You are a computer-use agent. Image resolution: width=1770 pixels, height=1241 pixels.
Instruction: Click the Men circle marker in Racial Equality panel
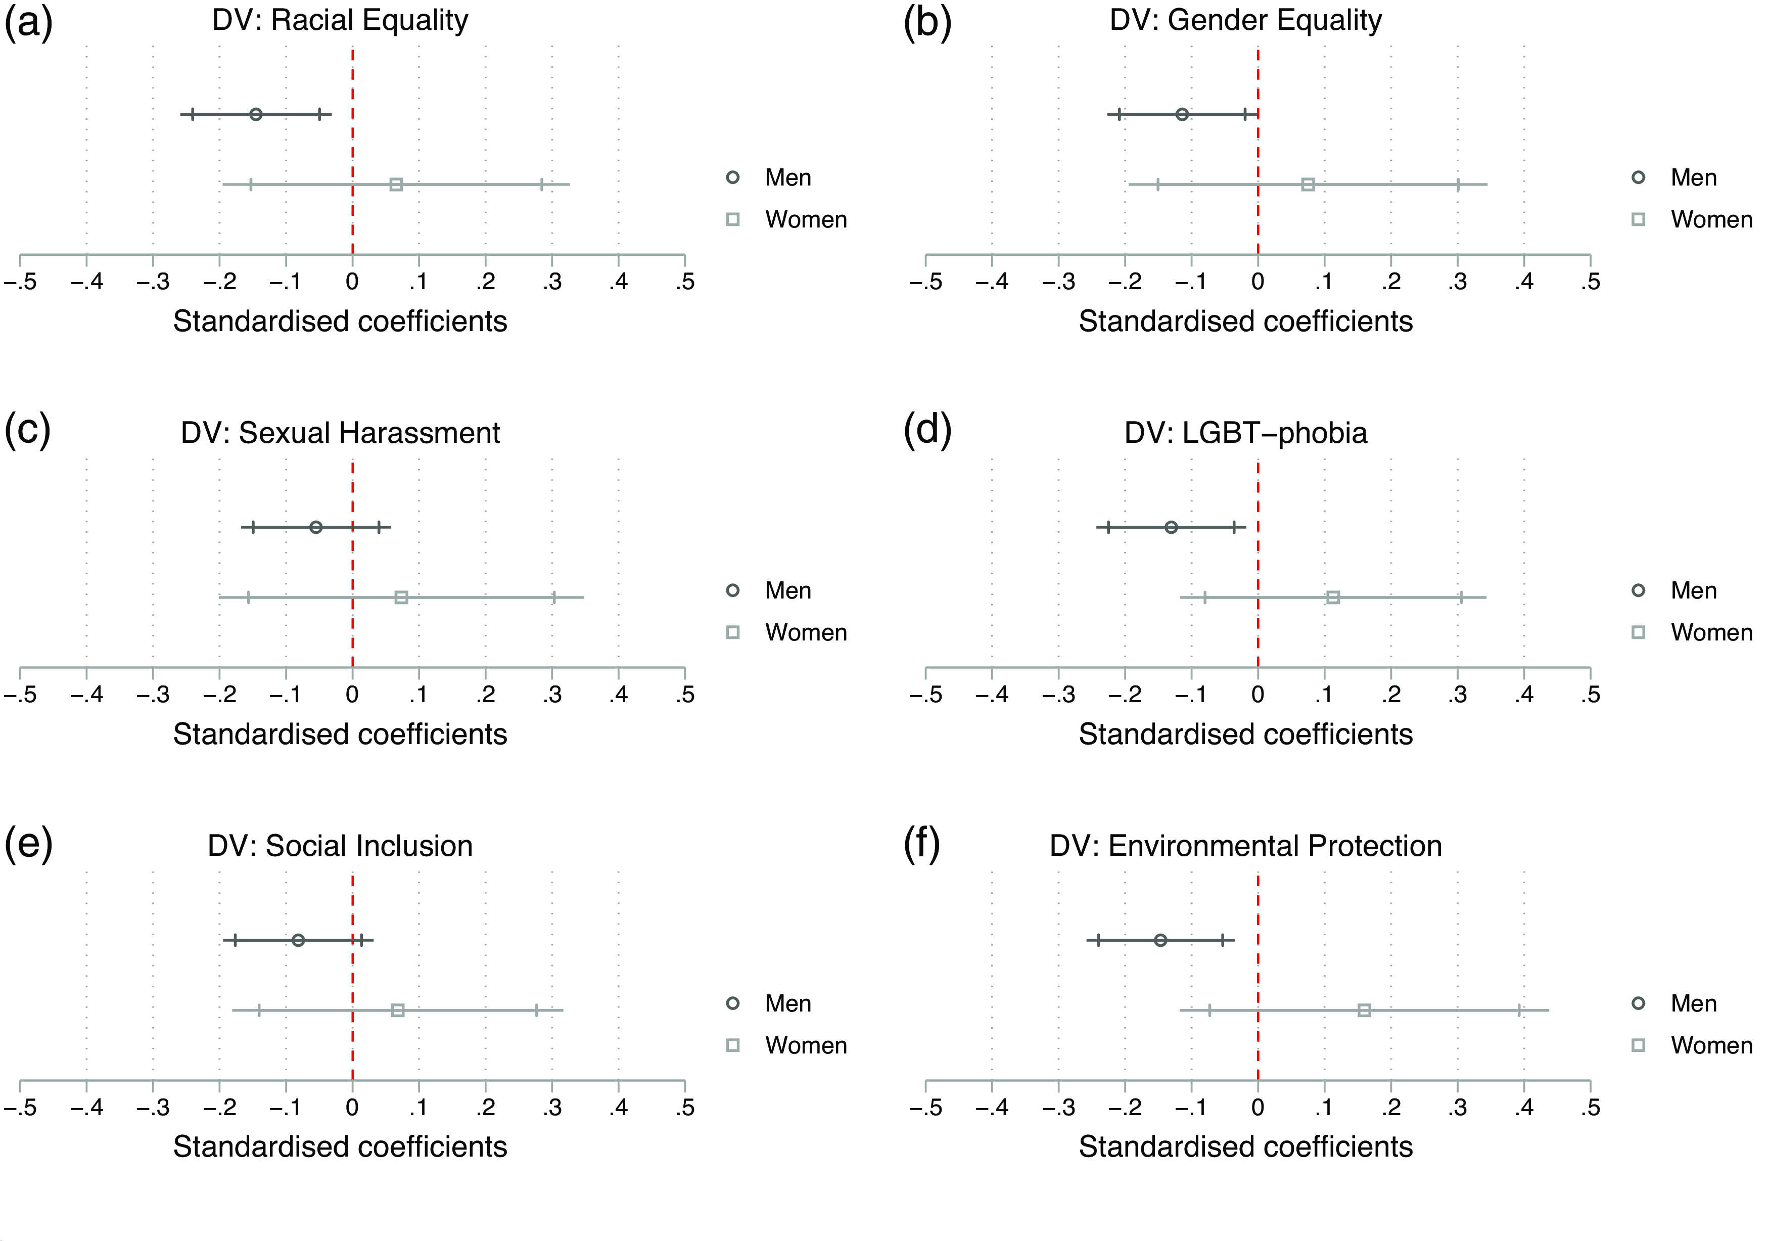(x=256, y=115)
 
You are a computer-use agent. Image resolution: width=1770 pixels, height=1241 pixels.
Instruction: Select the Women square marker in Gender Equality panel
(x=1308, y=184)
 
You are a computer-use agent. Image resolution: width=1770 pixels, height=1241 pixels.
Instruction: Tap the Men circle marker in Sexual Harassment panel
(x=315, y=527)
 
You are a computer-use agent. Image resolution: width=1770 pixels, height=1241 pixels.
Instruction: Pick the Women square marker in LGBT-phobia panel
(x=1333, y=597)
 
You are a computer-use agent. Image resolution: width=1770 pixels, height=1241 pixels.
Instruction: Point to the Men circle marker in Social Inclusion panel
(x=298, y=940)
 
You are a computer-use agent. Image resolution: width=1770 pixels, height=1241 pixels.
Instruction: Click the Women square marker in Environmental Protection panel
(x=1365, y=1010)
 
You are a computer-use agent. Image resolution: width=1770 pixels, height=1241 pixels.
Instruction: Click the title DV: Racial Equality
(x=340, y=21)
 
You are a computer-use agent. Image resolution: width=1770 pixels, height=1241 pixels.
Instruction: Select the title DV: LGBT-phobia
(x=1246, y=433)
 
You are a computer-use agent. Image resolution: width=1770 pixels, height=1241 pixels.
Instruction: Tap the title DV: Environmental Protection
(x=1246, y=846)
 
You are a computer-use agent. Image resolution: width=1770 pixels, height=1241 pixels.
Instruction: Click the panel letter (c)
(x=28, y=429)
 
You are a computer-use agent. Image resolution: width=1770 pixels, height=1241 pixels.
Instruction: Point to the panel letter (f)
(x=922, y=843)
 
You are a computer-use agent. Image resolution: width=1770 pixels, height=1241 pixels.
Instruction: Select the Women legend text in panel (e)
(x=806, y=1045)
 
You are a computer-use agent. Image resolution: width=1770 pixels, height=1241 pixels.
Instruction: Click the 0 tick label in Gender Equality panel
(x=1258, y=282)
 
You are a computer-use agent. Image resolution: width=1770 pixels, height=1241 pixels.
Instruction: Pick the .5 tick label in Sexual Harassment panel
(x=684, y=695)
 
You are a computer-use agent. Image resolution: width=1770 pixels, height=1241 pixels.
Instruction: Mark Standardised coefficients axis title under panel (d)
(x=1246, y=734)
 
